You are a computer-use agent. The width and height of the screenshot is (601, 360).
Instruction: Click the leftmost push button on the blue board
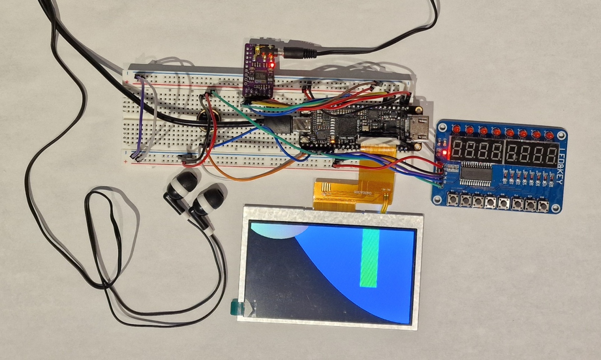point(452,201)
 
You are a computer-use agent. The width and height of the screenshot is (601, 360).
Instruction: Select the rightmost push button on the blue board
point(543,206)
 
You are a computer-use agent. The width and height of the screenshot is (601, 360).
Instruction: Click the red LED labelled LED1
point(456,129)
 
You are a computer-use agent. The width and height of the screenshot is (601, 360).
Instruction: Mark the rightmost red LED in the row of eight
point(549,134)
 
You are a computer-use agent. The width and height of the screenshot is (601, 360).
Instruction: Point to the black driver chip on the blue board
point(476,174)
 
